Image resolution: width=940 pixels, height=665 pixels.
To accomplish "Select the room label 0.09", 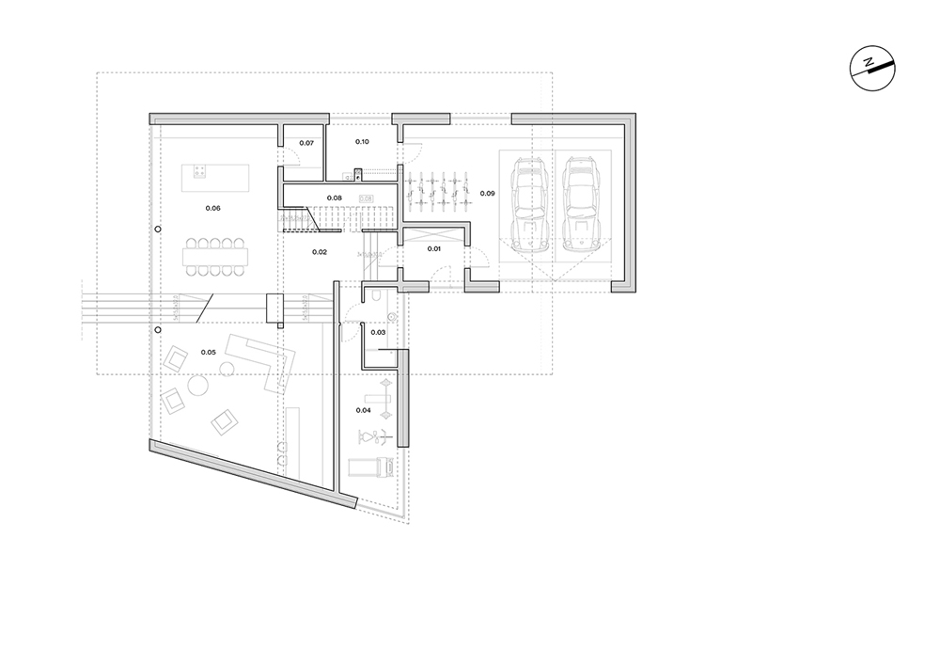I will (488, 193).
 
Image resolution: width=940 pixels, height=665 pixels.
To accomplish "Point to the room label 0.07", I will (305, 143).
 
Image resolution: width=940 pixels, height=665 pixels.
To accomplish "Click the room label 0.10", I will (362, 141).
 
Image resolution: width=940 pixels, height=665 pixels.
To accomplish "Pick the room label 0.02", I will (319, 252).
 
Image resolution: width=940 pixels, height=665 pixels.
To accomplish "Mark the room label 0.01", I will (433, 248).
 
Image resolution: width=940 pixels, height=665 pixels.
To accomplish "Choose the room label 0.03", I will (379, 332).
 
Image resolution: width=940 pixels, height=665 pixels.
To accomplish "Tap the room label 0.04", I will (364, 410).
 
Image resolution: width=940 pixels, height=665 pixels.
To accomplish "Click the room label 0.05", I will (208, 352).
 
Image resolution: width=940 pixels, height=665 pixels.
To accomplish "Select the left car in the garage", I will (529, 205).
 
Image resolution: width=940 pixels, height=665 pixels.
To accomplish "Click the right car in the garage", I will (581, 205).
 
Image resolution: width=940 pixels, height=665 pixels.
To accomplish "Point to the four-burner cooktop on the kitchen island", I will (199, 170).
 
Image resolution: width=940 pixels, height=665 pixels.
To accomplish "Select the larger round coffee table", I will (199, 386).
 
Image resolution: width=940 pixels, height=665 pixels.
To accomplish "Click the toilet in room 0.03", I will (374, 297).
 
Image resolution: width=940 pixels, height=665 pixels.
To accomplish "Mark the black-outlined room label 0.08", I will (334, 198).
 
